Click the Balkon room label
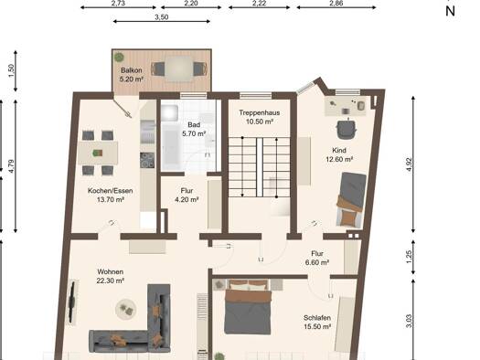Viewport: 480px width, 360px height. coord(132,70)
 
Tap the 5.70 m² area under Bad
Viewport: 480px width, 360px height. coord(194,133)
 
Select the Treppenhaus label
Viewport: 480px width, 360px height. coord(260,112)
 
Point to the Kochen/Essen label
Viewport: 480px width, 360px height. coord(111,191)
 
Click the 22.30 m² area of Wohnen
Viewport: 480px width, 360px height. coord(111,281)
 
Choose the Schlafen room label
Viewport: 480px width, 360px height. coord(317,318)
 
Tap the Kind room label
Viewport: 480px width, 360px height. coord(339,150)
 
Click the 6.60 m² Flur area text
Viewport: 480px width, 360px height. coord(317,262)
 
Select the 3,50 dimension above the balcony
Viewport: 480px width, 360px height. coord(161,17)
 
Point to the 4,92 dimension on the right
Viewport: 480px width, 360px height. coord(410,164)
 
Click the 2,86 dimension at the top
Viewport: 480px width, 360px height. coord(336,4)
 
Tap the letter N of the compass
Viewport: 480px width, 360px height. coord(450,11)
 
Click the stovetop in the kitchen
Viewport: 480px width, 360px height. coord(147,160)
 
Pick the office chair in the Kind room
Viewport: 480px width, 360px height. coord(347,129)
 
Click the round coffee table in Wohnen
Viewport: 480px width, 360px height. coord(126,309)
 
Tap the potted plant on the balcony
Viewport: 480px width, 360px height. coord(119,57)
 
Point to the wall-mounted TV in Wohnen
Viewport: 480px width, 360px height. coord(72,302)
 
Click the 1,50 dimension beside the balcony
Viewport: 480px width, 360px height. coord(11,71)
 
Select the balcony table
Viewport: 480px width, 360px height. coord(179,69)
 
